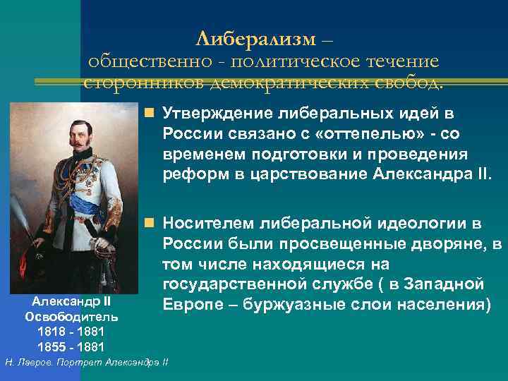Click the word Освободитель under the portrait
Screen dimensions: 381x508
point(71,317)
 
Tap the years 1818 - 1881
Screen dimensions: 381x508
point(71,332)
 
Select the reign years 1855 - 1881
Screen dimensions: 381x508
point(71,346)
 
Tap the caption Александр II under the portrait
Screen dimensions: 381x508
point(71,302)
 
